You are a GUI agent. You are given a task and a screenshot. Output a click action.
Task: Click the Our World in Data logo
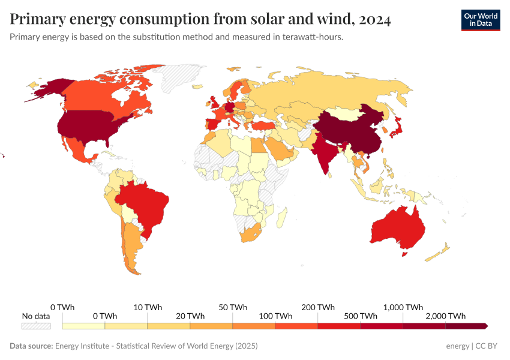point(480,20)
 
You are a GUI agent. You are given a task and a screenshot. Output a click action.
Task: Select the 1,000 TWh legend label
point(403,307)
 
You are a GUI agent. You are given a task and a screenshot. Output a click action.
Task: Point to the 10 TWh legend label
point(148,307)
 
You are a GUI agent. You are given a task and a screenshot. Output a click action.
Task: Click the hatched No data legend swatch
point(36,326)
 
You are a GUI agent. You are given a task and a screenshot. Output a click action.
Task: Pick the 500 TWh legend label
point(361,316)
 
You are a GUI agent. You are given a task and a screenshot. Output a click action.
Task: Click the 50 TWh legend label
point(233,307)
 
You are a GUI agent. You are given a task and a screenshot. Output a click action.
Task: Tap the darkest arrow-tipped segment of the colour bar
point(466,326)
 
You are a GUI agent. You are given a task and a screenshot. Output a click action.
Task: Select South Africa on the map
point(251,234)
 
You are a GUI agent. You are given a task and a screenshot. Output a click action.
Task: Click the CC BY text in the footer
point(487,346)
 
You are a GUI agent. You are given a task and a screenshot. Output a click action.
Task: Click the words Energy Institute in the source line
point(83,346)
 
